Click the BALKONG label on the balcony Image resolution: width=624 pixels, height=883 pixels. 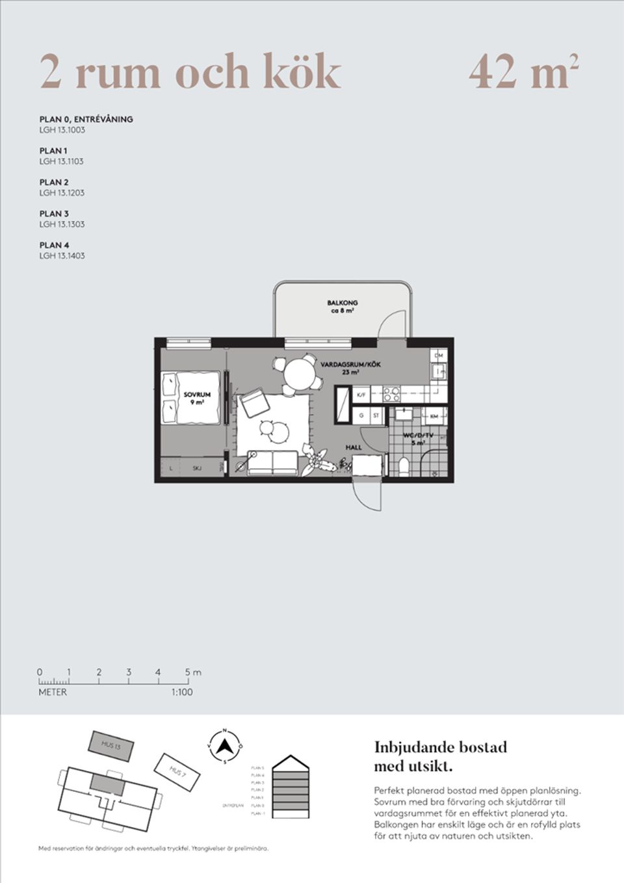point(342,303)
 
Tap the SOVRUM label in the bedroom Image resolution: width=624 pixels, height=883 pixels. point(196,395)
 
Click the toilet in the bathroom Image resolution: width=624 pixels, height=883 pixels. point(404,466)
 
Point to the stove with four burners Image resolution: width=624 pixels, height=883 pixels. point(392,393)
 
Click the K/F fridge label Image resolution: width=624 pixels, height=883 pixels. point(361,394)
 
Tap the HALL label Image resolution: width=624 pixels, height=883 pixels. point(354,447)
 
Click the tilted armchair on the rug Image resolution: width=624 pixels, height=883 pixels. point(254,403)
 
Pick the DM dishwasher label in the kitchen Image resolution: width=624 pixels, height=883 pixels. point(439,356)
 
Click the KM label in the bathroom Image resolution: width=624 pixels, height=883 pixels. point(434,415)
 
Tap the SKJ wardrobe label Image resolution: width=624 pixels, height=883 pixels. point(196,468)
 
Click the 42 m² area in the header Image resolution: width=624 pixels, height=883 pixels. point(523,72)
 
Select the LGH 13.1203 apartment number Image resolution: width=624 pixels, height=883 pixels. point(62,193)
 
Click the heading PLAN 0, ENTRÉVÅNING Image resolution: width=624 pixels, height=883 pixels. point(86,119)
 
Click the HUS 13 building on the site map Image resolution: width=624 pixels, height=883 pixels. point(110,745)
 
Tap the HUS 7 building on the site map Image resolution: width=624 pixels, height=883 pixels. point(177,771)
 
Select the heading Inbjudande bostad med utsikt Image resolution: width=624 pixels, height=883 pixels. point(440,756)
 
